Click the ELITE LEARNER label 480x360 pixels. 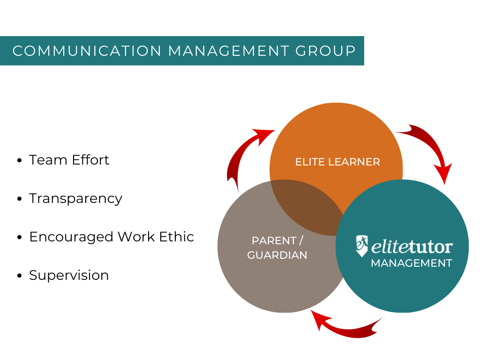pos(337,162)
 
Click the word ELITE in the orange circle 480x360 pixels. pos(307,162)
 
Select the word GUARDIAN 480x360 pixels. pos(277,255)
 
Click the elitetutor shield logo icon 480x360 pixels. pos(361,246)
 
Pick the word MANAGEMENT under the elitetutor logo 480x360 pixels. pos(411,263)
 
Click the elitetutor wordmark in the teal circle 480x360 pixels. pos(412,247)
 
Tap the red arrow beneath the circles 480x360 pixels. pos(347,325)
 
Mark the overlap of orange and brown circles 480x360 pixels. pos(305,204)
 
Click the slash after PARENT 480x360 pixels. pos(301,240)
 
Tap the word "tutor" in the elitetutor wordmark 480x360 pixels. pos(431,247)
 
